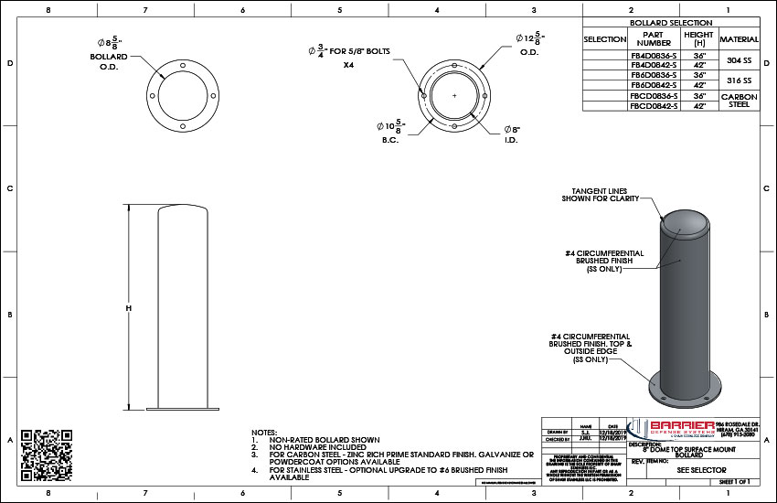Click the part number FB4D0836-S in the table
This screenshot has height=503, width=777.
pyautogui.click(x=654, y=55)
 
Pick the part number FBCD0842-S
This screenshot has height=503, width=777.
pyautogui.click(x=654, y=106)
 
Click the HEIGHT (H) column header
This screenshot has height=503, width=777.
pyautogui.click(x=697, y=38)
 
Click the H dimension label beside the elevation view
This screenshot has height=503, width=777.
pyautogui.click(x=129, y=308)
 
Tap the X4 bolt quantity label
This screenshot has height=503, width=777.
pyautogui.click(x=348, y=66)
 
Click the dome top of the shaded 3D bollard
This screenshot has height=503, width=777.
pyautogui.click(x=684, y=221)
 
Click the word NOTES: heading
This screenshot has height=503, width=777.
pyautogui.click(x=264, y=431)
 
